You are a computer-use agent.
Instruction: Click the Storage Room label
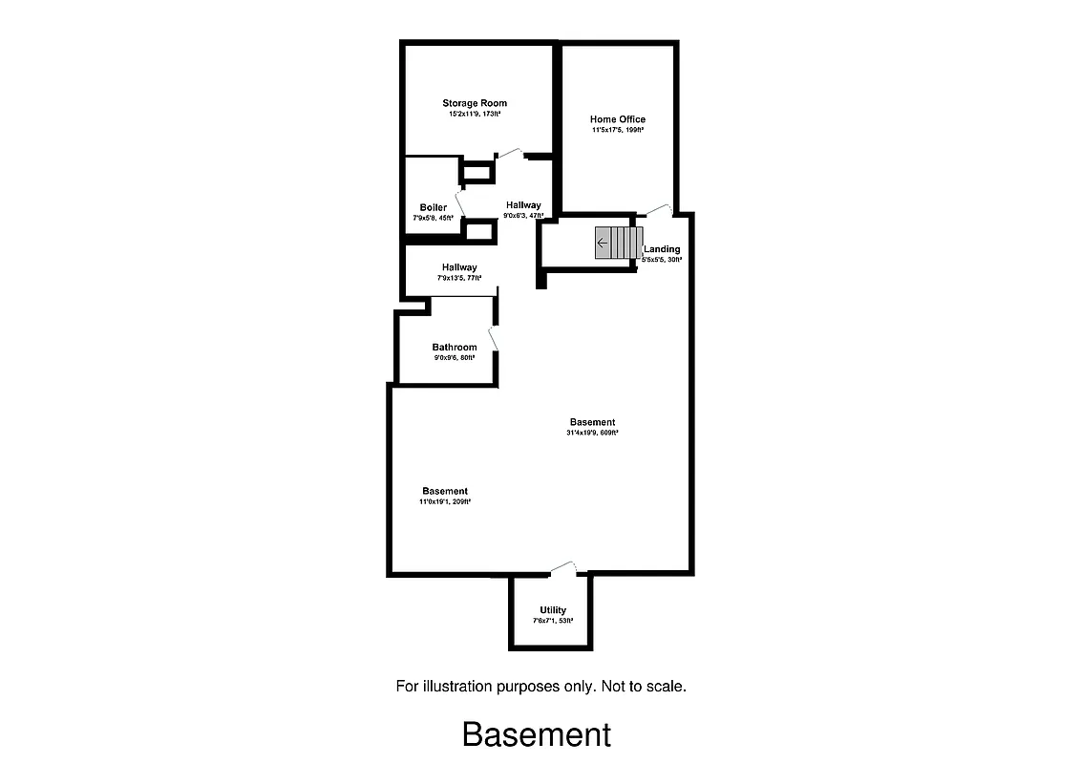[x=475, y=103]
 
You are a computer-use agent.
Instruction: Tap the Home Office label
[x=618, y=119]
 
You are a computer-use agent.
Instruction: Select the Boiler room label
[x=433, y=207]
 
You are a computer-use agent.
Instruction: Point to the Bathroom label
[x=455, y=348]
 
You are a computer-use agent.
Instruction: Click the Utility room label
[x=553, y=610]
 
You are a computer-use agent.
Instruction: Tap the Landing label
[x=662, y=249]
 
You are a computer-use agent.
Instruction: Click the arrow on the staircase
[x=603, y=244]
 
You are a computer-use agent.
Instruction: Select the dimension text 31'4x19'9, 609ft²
[x=592, y=433]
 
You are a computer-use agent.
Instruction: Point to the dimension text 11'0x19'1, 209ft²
[x=445, y=501]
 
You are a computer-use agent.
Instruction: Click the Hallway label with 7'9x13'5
[x=459, y=267]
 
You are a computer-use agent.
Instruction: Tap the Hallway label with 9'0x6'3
[x=523, y=205]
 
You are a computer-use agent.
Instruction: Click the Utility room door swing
[x=563, y=567]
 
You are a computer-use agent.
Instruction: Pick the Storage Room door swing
[x=509, y=152]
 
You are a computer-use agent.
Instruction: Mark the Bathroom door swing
[x=493, y=340]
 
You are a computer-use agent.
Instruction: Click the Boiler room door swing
[x=460, y=202]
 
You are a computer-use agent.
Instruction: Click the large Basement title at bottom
[x=537, y=734]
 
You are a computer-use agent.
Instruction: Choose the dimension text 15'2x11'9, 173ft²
[x=475, y=114]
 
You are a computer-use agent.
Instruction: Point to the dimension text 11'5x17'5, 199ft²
[x=618, y=130]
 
